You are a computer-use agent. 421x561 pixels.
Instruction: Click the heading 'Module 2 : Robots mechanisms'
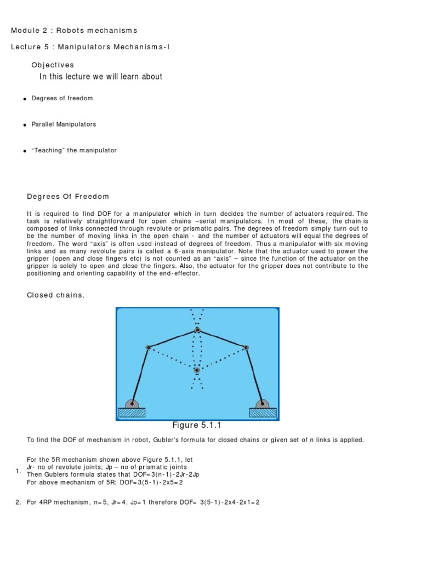pyautogui.click(x=74, y=30)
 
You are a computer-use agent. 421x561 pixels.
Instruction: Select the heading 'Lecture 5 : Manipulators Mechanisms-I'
pyautogui.click(x=90, y=47)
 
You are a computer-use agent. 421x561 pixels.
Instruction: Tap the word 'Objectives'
pyautogui.click(x=53, y=65)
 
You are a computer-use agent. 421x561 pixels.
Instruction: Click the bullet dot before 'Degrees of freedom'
pyautogui.click(x=25, y=99)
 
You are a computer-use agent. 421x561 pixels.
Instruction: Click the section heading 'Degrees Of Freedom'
pyautogui.click(x=68, y=197)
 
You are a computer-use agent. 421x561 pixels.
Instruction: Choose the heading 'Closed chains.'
pyautogui.click(x=56, y=295)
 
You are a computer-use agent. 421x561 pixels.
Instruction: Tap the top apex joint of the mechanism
pyautogui.click(x=197, y=330)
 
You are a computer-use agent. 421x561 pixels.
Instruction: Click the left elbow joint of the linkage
pyautogui.click(x=148, y=347)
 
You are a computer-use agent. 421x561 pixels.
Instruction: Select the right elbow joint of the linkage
pyautogui.click(x=246, y=347)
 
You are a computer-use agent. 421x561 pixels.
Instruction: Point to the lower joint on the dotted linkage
pyautogui.click(x=197, y=370)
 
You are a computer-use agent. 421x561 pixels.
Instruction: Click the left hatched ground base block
pyautogui.click(x=132, y=412)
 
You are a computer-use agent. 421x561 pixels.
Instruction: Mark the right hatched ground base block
pyautogui.click(x=263, y=412)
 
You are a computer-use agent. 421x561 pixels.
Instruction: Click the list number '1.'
pyautogui.click(x=18, y=471)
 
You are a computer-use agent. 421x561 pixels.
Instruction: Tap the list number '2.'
pyautogui.click(x=18, y=502)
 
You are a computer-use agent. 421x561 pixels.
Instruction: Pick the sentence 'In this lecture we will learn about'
pyautogui.click(x=101, y=77)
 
